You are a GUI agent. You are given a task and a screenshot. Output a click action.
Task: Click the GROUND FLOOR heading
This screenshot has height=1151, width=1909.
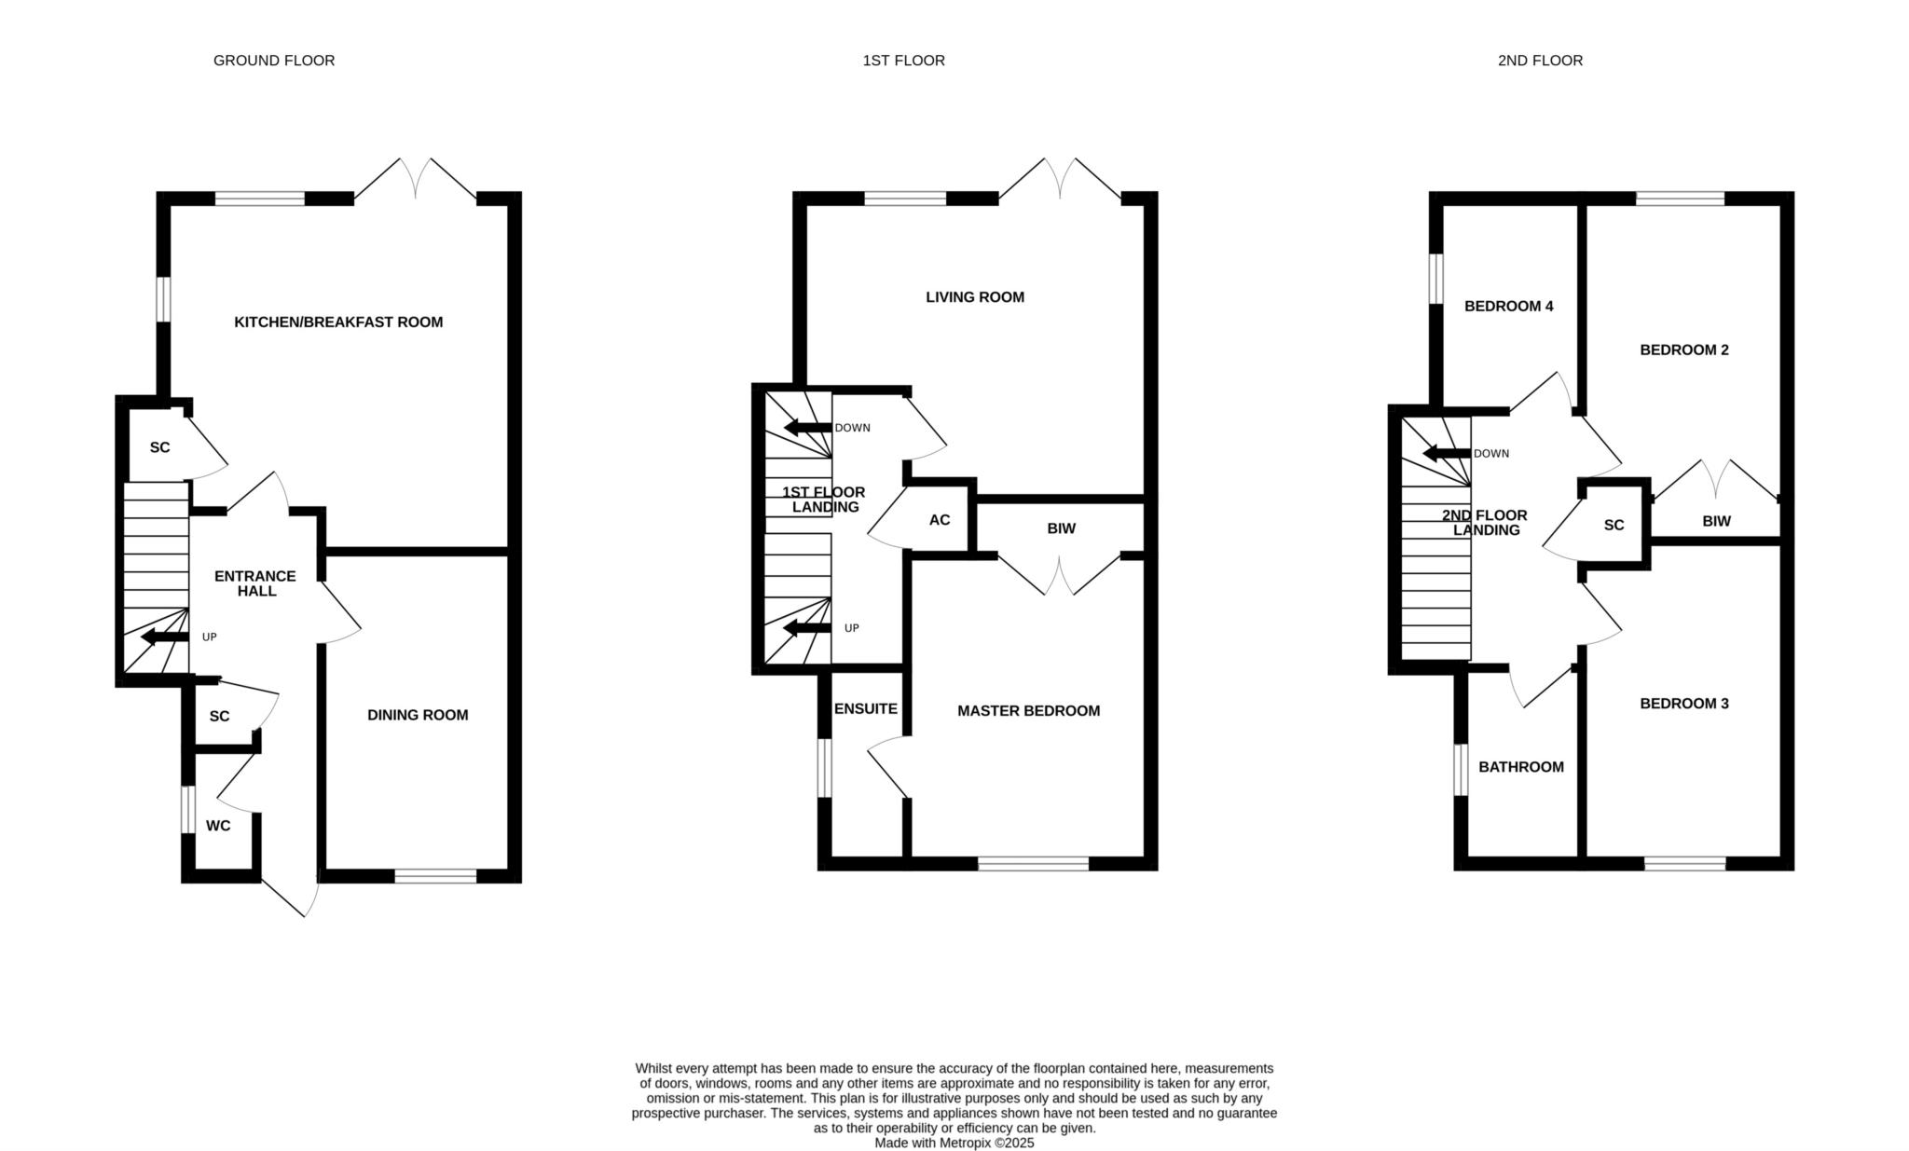[x=274, y=61]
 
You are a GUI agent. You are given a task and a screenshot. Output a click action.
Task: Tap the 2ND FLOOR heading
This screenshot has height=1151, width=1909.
[x=1540, y=61]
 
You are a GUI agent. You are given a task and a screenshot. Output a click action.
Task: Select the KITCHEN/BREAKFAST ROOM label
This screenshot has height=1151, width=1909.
[x=338, y=322]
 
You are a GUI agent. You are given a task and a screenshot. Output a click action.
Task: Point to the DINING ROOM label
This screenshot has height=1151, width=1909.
[x=418, y=715]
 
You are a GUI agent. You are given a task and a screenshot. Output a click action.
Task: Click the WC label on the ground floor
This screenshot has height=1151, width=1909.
[x=218, y=826]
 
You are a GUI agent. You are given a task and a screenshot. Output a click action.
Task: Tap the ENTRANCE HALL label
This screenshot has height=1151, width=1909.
[x=255, y=583]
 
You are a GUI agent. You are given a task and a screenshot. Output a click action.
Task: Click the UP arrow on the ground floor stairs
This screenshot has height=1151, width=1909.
[x=164, y=637]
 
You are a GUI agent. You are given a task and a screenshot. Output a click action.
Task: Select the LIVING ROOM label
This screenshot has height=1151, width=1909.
[x=975, y=297]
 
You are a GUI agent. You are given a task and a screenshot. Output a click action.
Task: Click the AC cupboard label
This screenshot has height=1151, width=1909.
[x=940, y=520]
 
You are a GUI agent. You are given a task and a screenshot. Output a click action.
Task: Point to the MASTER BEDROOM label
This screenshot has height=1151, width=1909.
[x=1029, y=711]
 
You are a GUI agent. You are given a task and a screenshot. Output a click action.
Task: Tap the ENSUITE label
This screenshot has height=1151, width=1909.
[x=866, y=709]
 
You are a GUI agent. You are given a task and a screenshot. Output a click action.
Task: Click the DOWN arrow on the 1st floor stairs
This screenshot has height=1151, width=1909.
[x=807, y=428]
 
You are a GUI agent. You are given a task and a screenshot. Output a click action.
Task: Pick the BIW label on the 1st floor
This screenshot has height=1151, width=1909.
[x=1062, y=528]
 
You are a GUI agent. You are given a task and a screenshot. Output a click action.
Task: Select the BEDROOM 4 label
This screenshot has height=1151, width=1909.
[x=1509, y=306]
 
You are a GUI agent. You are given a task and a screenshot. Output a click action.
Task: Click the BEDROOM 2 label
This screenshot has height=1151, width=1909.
[x=1684, y=350]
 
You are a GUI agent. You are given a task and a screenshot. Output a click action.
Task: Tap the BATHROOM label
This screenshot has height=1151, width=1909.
[x=1521, y=767]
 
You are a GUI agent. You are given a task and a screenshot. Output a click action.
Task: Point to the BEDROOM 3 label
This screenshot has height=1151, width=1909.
[x=1684, y=704]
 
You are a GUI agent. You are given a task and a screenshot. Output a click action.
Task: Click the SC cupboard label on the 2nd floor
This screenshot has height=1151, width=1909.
[x=1614, y=526]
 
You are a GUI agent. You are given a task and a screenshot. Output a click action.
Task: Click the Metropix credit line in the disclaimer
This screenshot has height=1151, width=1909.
[x=954, y=1143]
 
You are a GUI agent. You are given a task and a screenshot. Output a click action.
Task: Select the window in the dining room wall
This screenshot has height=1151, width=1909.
[x=435, y=876]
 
